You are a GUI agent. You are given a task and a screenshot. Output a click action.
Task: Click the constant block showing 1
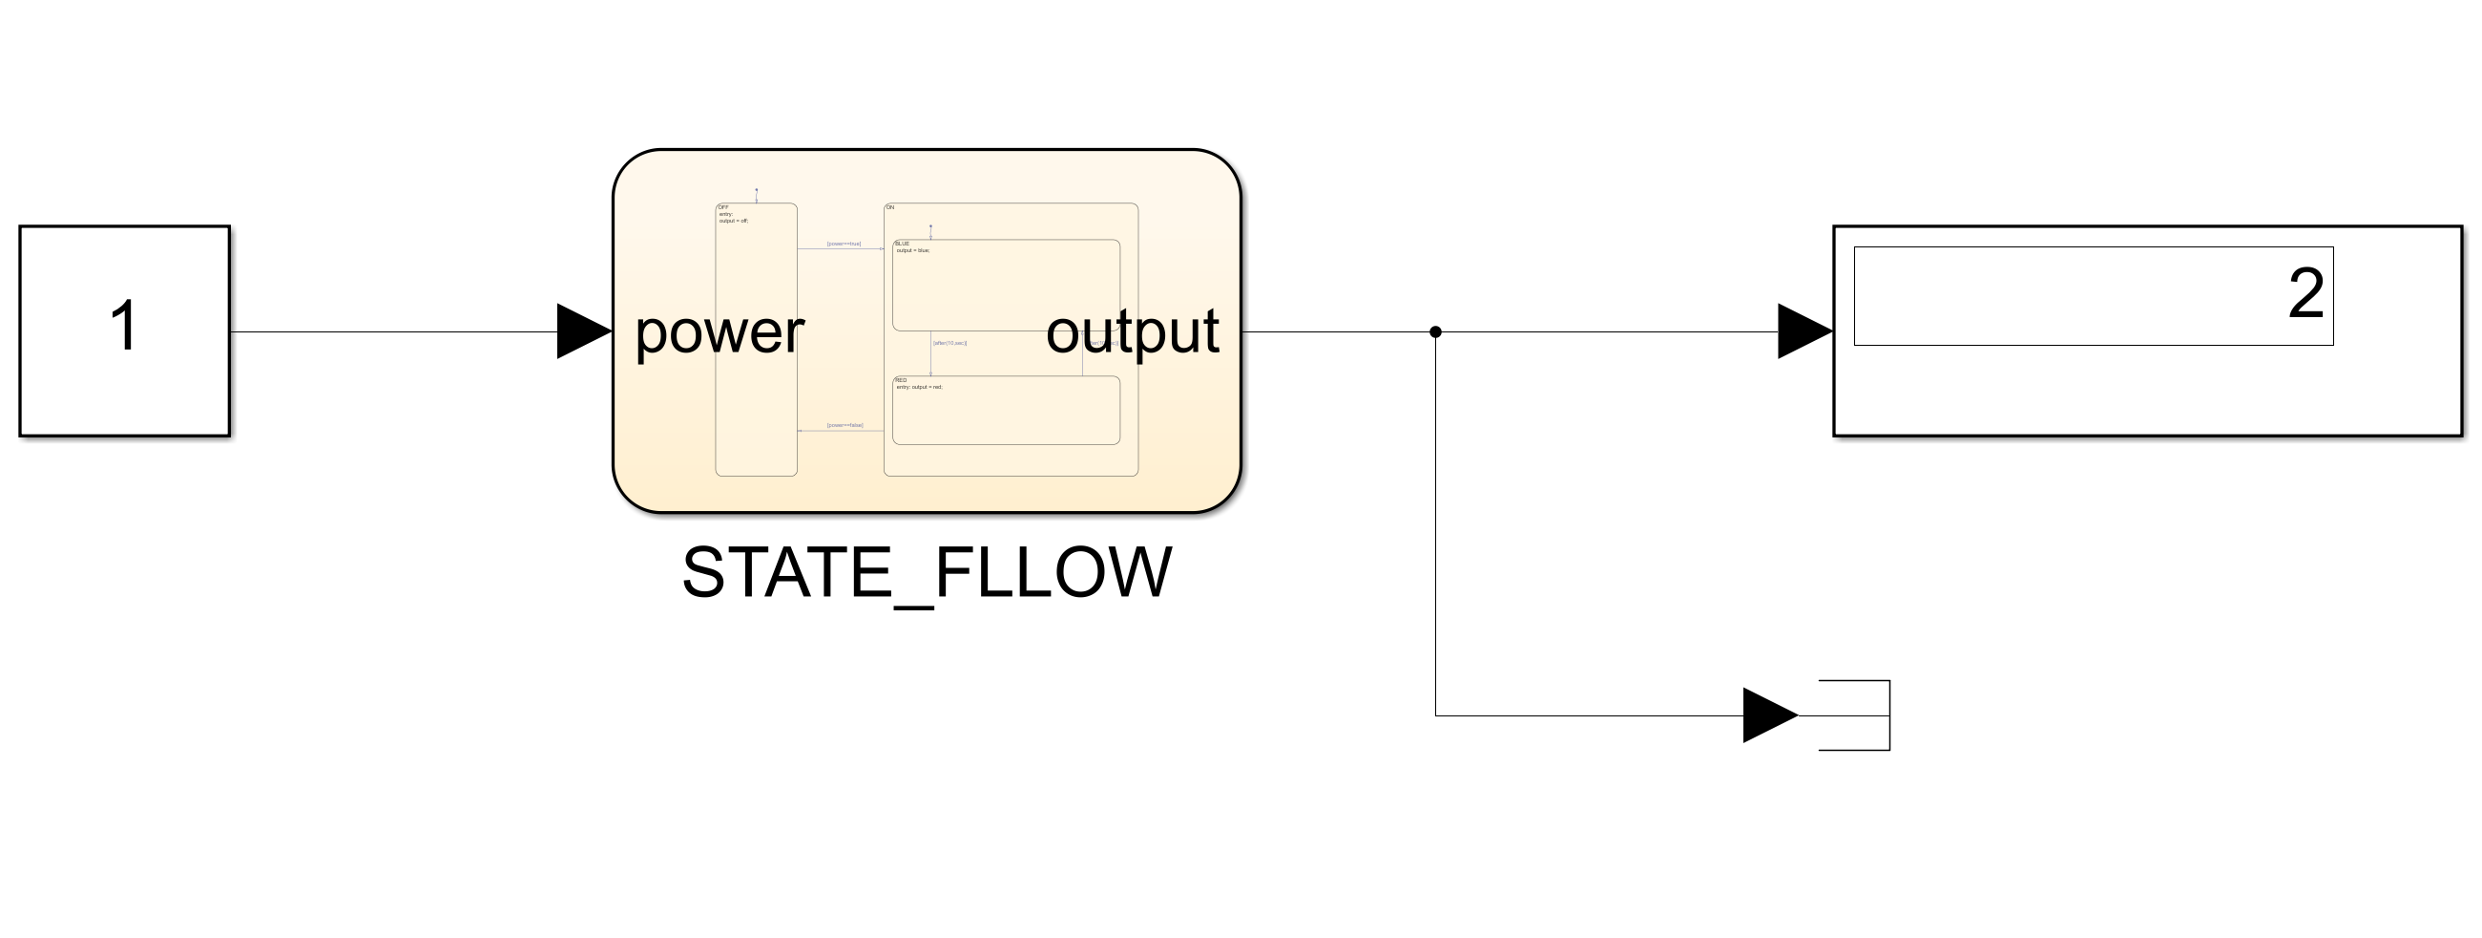click(124, 330)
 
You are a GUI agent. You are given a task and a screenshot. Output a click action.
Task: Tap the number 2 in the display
click(2305, 294)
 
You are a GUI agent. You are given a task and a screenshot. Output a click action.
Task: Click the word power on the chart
click(719, 332)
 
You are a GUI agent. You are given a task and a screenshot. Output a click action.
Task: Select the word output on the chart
click(1132, 332)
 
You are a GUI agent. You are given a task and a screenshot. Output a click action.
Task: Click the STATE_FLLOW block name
click(926, 572)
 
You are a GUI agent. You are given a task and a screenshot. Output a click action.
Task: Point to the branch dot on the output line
click(1435, 331)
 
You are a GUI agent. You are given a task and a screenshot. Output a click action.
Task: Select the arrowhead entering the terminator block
click(1769, 715)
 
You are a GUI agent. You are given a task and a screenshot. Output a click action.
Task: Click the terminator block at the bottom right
click(1855, 715)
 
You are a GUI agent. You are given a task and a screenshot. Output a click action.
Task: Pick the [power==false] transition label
click(845, 425)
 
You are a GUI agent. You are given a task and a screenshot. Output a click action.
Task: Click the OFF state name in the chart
click(723, 207)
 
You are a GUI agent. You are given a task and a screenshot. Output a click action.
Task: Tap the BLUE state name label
click(902, 244)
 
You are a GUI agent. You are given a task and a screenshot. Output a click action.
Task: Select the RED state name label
click(901, 381)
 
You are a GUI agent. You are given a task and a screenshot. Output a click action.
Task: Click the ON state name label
click(889, 207)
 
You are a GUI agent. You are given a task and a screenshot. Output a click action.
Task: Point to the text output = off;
click(732, 221)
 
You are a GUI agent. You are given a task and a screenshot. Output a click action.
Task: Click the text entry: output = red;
click(919, 388)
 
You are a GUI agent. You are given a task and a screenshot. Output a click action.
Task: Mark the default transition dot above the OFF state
click(757, 190)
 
